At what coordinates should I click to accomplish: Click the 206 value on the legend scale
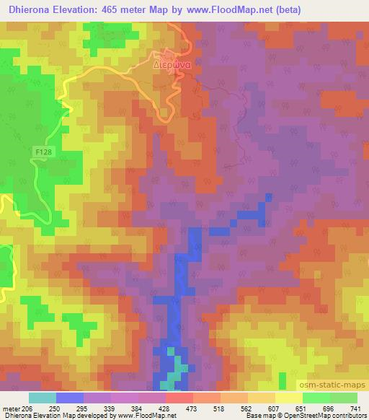pyautogui.click(x=27, y=408)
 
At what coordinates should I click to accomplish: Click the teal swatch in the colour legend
pyautogui.click(x=42, y=398)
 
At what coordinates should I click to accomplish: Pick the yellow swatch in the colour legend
pyautogui.click(x=288, y=398)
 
